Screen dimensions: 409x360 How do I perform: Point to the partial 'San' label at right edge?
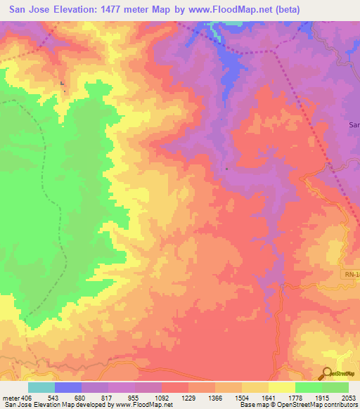354,124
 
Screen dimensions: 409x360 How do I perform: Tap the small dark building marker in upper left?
63,85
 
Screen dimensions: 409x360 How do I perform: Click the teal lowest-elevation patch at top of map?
212,26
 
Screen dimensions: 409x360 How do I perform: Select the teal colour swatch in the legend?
41,387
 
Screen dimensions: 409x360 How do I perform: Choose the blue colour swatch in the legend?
68,387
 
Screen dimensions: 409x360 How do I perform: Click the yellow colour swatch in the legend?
282,387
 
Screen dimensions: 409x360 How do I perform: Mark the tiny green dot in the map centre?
226,168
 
